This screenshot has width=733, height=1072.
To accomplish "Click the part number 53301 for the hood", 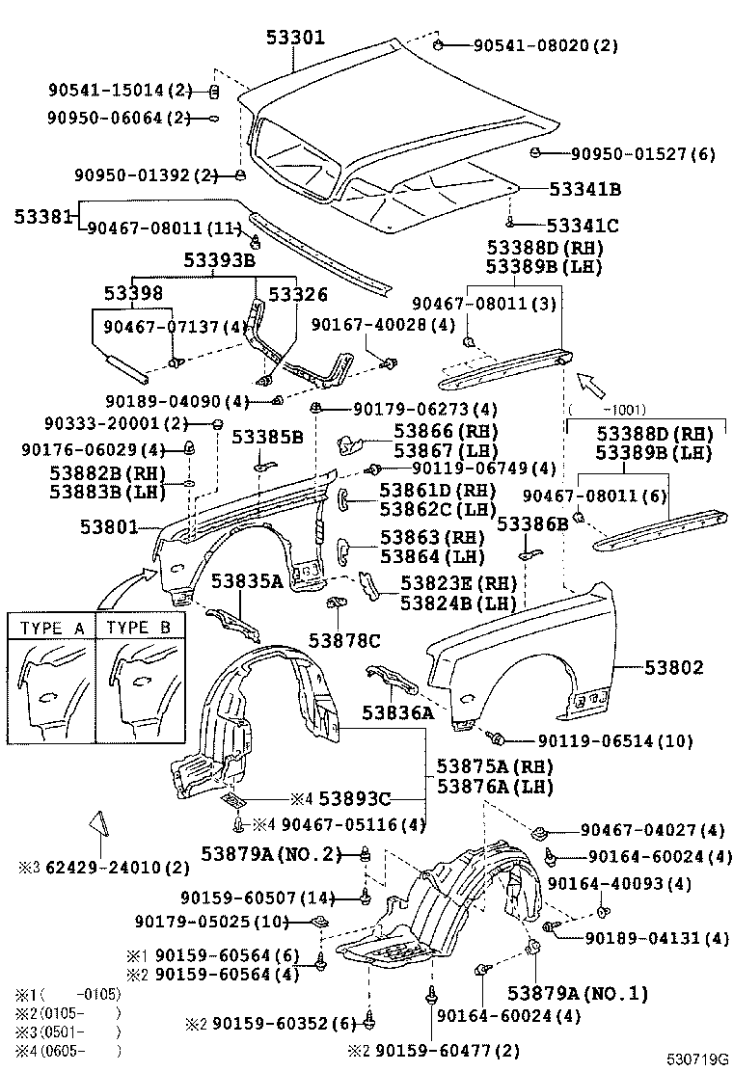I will [295, 39].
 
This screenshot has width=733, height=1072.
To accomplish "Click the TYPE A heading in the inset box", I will [52, 628].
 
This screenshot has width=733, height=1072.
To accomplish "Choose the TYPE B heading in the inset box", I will [139, 628].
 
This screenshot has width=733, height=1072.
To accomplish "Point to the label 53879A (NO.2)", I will [272, 852].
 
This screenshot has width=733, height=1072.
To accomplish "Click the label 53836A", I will [398, 713].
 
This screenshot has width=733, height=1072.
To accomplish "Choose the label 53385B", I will [272, 437].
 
